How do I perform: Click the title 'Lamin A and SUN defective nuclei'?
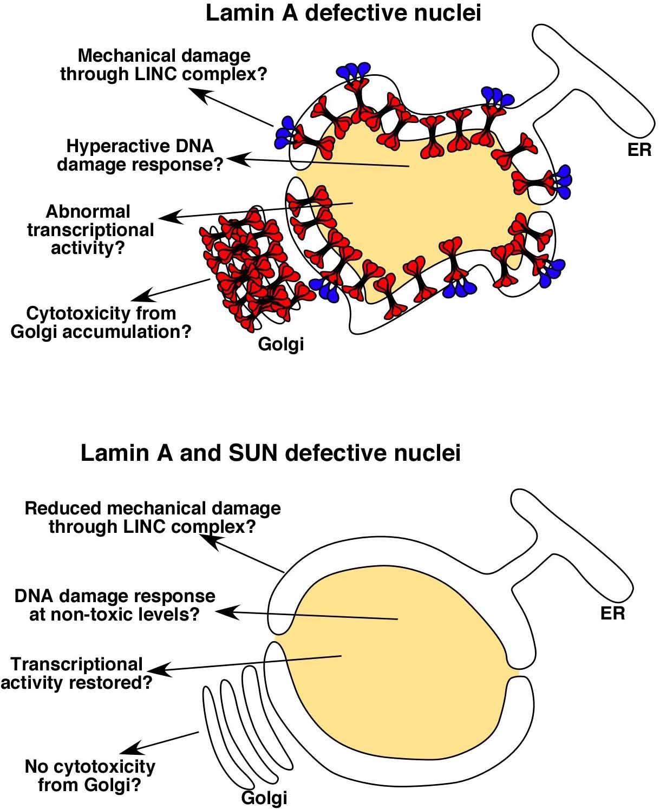click(270, 452)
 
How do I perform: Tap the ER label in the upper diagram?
click(639, 149)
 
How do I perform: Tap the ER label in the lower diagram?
click(612, 613)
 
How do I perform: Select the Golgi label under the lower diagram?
click(264, 797)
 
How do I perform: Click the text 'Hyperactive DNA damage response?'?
click(140, 155)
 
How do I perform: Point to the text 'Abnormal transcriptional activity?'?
click(90, 229)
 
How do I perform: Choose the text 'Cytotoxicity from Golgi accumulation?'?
click(101, 322)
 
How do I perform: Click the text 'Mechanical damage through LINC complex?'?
click(164, 64)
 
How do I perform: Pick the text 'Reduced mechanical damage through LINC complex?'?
click(153, 517)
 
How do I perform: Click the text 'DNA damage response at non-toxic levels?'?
click(115, 605)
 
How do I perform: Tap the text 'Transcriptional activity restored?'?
click(76, 673)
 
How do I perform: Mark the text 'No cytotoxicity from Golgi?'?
click(90, 775)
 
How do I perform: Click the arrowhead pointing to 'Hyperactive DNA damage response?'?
click(233, 158)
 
